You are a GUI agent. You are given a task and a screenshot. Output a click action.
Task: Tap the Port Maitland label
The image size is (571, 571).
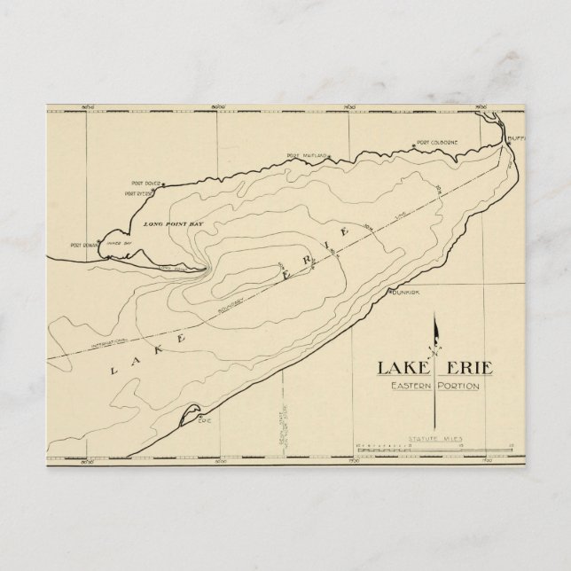307,157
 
